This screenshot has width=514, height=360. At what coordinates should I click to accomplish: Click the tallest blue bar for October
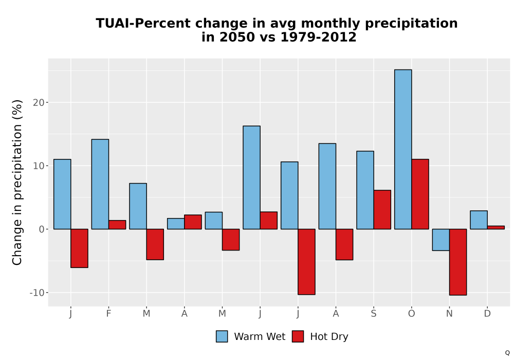pos(403,149)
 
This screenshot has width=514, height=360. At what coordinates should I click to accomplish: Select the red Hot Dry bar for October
pos(420,194)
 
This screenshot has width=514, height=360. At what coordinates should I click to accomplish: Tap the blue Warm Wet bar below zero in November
pos(441,240)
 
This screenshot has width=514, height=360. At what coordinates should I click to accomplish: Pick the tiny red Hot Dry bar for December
pos(495,227)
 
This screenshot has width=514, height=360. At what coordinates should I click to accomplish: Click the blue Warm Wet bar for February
pos(100,184)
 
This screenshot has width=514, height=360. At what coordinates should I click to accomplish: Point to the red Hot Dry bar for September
pos(382,209)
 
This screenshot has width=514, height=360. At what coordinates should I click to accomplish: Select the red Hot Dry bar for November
pos(458,262)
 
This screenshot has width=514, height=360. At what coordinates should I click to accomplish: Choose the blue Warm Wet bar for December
pos(479,220)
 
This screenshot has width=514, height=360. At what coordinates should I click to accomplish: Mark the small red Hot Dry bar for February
pos(117,225)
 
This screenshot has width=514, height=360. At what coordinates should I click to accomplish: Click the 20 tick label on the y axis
pos(39,103)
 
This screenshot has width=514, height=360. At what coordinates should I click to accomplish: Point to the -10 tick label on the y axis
pos(36,293)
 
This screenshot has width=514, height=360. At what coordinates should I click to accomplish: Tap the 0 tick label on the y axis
pos(42,229)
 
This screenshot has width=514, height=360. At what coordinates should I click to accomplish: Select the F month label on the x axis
pos(108,314)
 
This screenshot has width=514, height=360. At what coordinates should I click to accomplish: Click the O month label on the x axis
pos(411,314)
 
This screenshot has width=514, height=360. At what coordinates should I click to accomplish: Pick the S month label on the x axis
pos(374,314)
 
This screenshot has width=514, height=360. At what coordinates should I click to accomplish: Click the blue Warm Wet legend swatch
pos(222,336)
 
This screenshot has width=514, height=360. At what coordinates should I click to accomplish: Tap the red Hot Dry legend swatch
pos(298,336)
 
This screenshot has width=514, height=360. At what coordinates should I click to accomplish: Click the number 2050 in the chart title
pos(237,37)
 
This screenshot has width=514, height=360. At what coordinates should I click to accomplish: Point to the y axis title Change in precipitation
pos(17,182)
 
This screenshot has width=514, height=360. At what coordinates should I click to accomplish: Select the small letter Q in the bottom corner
pos(507,353)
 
